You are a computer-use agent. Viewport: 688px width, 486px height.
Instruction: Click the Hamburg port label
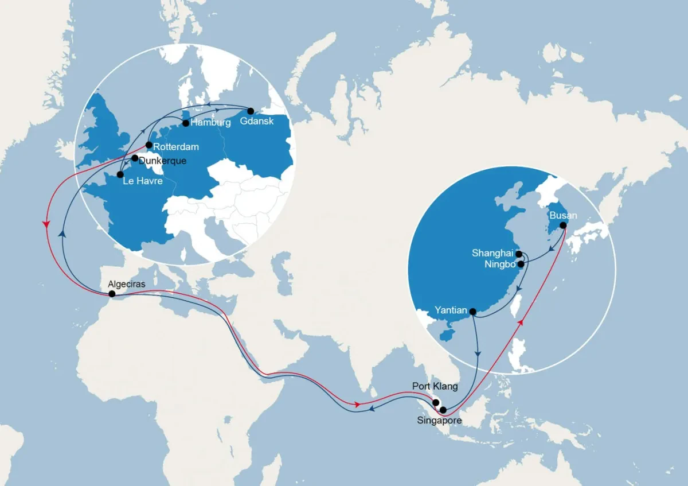pos(210,123)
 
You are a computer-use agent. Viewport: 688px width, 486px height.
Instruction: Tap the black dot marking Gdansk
pos(251,110)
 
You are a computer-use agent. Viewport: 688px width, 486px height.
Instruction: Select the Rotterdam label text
pos(177,147)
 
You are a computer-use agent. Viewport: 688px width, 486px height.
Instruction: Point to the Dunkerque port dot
pos(135,158)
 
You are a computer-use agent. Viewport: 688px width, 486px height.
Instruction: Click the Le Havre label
pos(142,182)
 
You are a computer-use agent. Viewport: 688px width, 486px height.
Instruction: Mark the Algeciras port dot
pos(112,294)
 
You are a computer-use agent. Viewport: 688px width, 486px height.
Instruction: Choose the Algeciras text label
pos(130,284)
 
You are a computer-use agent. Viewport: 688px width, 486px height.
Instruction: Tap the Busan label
pos(563,216)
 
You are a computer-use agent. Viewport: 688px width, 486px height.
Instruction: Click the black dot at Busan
pos(563,225)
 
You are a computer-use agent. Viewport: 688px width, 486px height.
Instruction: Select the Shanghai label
pos(492,253)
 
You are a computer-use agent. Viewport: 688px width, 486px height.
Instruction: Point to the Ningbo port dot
pos(521,265)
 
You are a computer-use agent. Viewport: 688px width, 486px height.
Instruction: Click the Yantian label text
pos(451,310)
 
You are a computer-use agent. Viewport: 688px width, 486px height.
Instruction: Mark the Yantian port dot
pos(473,312)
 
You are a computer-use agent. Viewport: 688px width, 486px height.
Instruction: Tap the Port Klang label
pos(435,386)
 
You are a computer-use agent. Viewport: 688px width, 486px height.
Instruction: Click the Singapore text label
pos(440,421)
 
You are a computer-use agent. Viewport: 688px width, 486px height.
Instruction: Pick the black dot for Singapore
pos(443,410)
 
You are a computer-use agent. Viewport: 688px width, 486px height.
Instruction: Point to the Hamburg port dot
pos(186,123)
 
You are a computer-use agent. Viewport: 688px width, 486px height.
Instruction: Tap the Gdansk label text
pos(257,121)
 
